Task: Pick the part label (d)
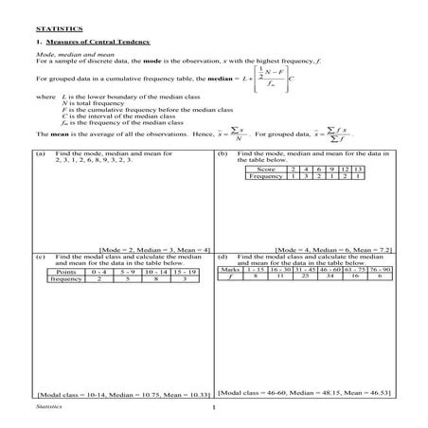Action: pyautogui.click(x=223, y=257)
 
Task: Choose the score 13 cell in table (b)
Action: pyautogui.click(x=357, y=169)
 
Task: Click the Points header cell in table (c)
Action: pyautogui.click(x=66, y=272)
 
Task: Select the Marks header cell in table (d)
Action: pyautogui.click(x=229, y=270)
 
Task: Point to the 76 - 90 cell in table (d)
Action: pyautogui.click(x=381, y=270)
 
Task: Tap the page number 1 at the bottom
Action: pyautogui.click(x=215, y=408)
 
